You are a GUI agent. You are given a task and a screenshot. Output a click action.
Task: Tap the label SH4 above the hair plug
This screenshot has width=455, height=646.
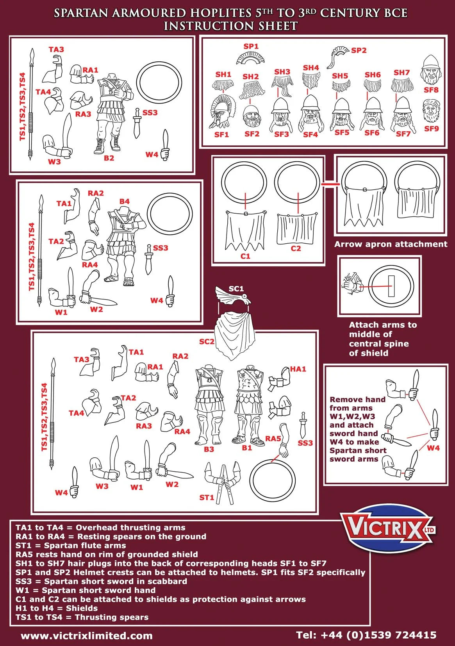click(311, 68)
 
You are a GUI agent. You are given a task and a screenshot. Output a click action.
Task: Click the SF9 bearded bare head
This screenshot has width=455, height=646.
click(431, 111)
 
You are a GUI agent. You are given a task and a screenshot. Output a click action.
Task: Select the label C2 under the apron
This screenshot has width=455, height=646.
click(296, 248)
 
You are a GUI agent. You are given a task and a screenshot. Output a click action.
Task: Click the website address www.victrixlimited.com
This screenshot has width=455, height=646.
click(87, 635)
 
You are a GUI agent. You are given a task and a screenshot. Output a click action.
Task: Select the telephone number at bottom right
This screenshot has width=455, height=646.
click(366, 635)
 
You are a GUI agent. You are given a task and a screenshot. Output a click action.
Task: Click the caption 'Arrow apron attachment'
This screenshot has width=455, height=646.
click(391, 244)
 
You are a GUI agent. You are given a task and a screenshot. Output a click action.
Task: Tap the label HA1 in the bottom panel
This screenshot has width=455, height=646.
click(298, 369)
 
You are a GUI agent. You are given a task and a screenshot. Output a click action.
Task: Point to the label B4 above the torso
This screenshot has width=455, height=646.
click(124, 202)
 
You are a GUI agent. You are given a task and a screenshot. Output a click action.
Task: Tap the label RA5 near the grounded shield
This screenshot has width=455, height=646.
click(273, 439)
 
